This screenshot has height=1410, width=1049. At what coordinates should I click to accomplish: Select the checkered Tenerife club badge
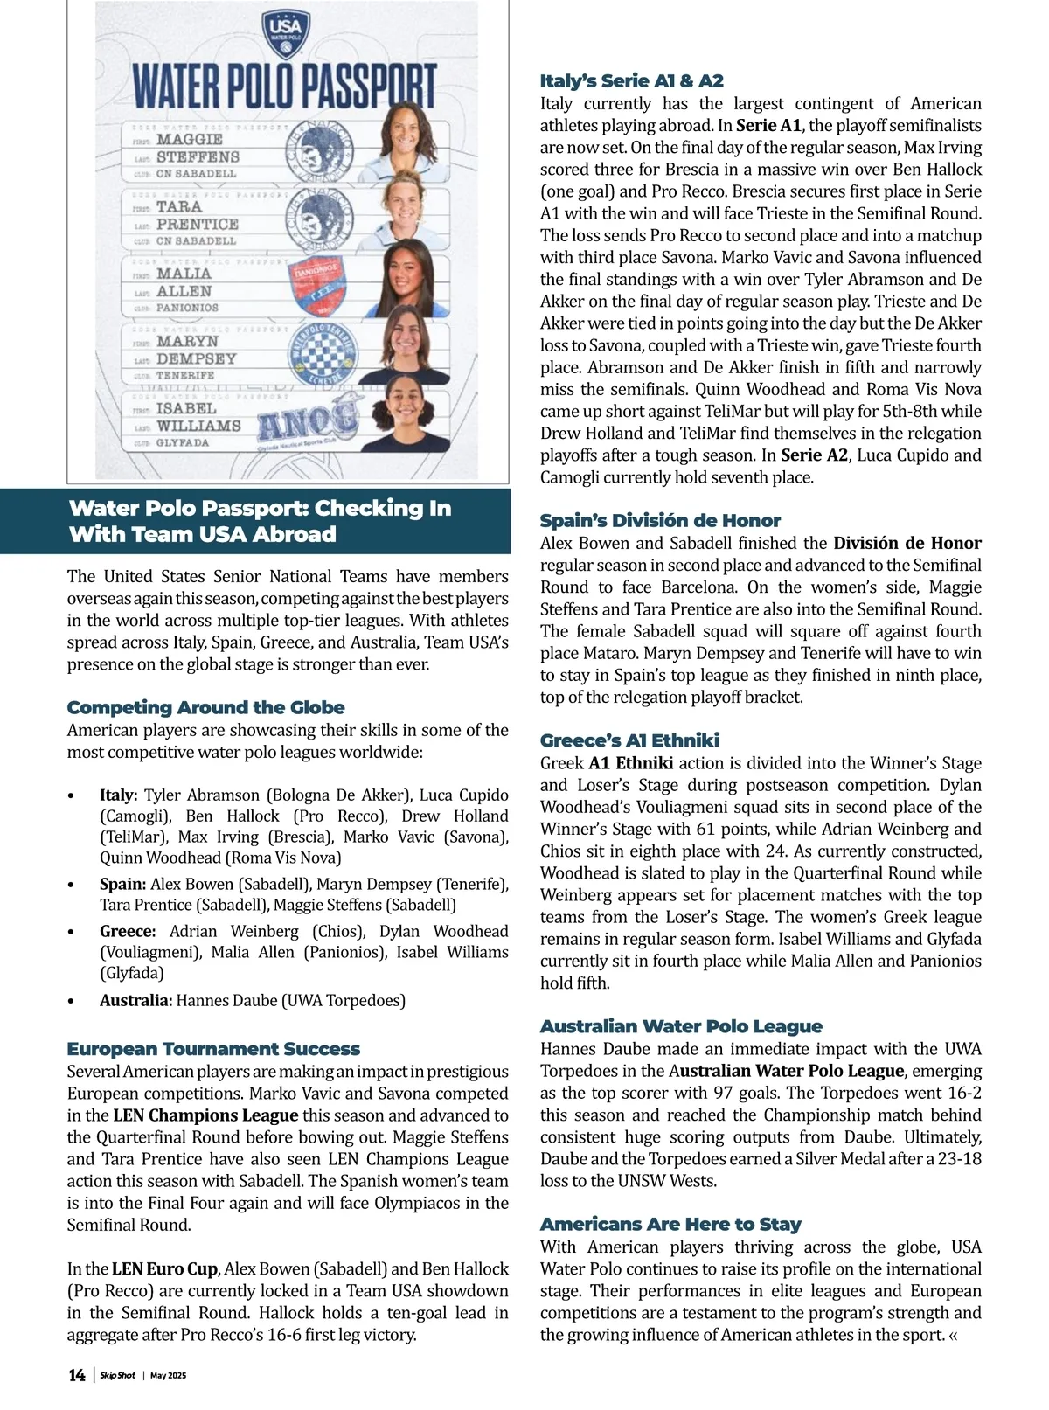tap(323, 354)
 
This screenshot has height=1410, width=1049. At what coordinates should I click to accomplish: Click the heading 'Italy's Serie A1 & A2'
tap(631, 81)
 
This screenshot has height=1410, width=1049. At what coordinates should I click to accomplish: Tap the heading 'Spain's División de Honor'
tap(660, 521)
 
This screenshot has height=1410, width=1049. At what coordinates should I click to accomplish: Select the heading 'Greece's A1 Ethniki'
tap(629, 740)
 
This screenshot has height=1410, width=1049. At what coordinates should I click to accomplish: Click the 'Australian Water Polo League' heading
tap(681, 1026)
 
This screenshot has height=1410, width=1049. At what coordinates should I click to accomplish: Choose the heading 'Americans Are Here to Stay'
tap(670, 1224)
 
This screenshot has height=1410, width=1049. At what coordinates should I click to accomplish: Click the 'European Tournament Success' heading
tap(213, 1049)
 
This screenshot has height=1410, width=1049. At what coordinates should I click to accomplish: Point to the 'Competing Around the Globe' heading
tap(205, 707)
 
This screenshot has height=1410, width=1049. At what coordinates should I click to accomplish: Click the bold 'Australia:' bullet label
tap(136, 1001)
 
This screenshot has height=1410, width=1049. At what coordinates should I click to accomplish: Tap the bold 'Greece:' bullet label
tap(128, 932)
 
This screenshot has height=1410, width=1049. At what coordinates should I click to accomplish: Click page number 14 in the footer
tap(77, 1375)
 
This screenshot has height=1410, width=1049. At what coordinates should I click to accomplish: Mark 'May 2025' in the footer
tap(169, 1376)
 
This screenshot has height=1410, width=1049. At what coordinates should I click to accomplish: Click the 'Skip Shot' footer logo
tap(117, 1376)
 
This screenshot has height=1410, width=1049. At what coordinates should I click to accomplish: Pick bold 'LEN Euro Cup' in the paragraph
tap(166, 1269)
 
